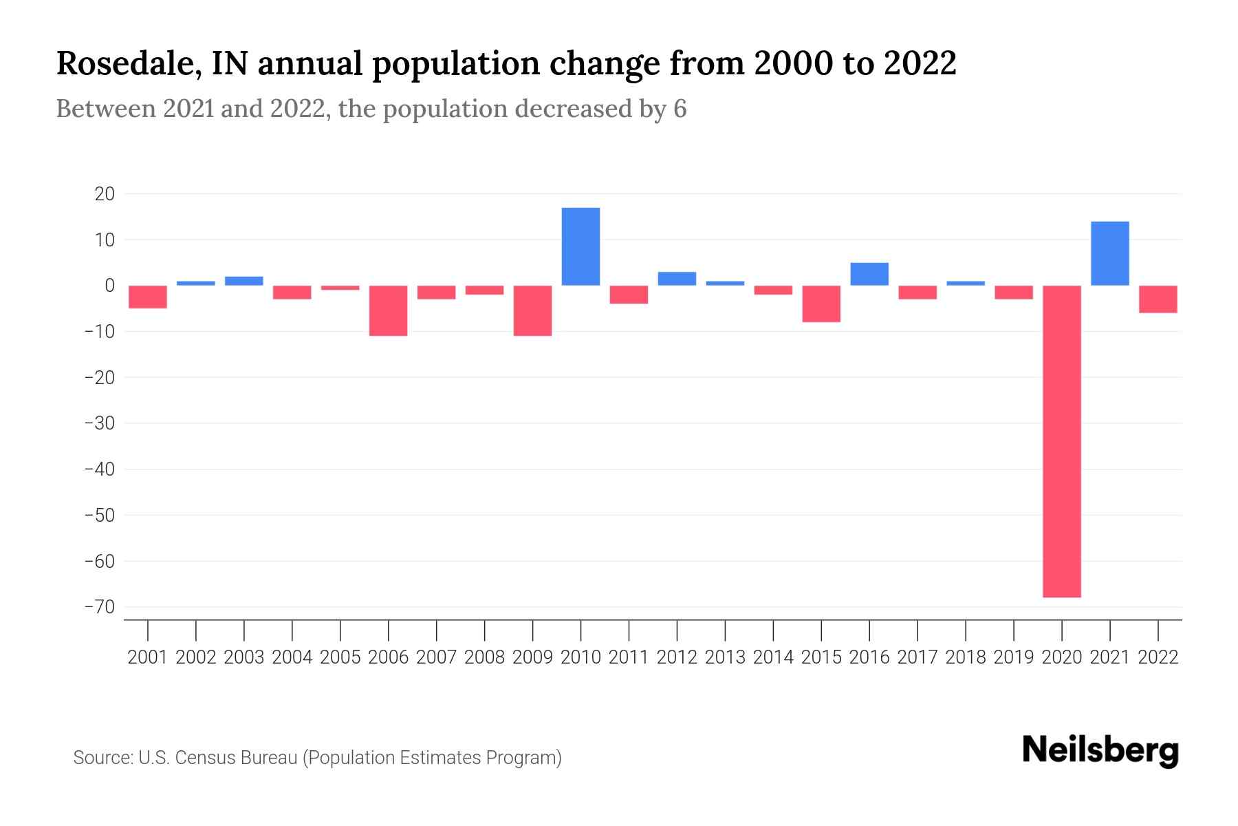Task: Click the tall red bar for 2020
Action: pos(1061,441)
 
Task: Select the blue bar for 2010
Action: pos(580,246)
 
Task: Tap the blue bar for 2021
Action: pos(1109,253)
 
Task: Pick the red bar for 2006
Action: pos(388,310)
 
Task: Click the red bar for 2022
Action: pos(1158,299)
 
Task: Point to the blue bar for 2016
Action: pos(869,274)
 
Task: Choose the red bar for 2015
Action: pos(821,304)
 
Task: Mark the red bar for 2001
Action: pos(148,297)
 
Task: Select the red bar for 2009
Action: pos(532,310)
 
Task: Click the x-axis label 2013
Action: pos(725,657)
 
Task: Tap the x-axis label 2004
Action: pos(292,657)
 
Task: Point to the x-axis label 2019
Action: pos(1013,657)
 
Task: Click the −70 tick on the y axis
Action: pos(99,607)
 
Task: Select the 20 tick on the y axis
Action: pos(105,194)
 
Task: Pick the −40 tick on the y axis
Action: pos(99,469)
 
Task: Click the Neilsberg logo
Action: pos(1100,750)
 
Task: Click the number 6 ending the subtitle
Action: pos(680,109)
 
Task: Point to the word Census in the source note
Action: pos(206,758)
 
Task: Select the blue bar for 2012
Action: pos(677,279)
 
